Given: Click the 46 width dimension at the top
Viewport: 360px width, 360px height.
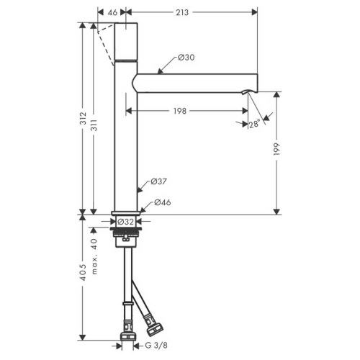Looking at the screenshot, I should (112, 13).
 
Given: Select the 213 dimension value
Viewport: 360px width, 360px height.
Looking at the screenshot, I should (192, 13).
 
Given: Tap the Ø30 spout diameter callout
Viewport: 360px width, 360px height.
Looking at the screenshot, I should (183, 58).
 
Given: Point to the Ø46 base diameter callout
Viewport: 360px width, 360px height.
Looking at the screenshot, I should (163, 203).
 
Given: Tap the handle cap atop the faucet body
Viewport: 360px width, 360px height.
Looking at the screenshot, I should (125, 40).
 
